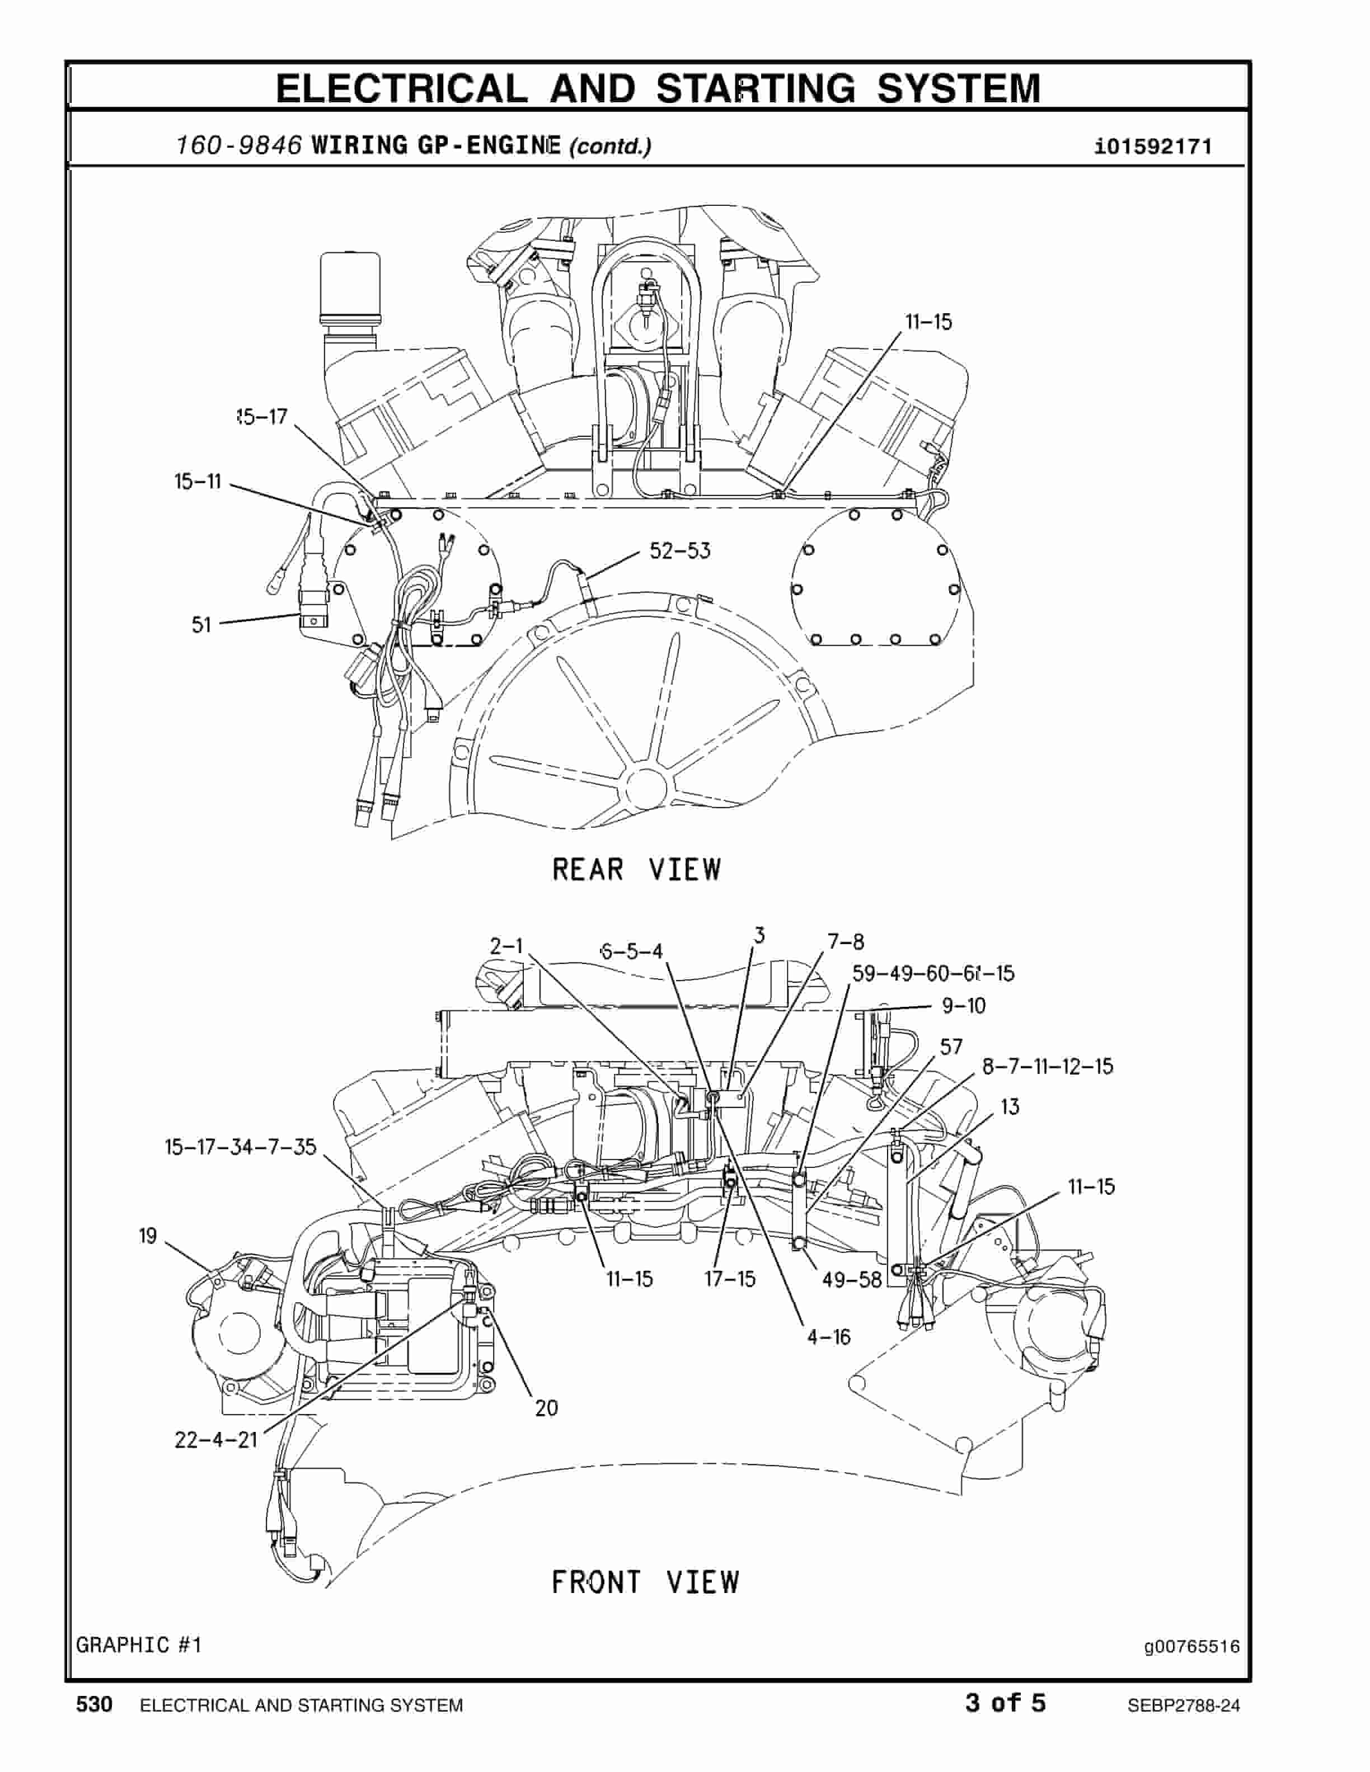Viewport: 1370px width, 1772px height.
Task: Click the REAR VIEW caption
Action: (636, 870)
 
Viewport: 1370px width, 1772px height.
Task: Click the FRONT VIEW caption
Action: (645, 1582)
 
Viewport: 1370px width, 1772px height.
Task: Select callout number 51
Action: (201, 625)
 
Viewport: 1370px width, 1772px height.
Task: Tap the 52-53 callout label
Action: (679, 552)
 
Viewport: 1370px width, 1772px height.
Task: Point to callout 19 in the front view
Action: (148, 1236)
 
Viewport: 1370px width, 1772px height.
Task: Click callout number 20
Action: (546, 1408)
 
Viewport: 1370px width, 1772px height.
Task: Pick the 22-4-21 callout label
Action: (216, 1440)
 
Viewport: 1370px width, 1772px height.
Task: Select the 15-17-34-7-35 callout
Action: (240, 1147)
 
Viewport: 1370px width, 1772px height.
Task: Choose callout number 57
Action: (951, 1047)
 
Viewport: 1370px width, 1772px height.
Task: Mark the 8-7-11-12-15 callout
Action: (1047, 1066)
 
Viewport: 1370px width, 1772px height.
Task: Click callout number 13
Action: (1010, 1107)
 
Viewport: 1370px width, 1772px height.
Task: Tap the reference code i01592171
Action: (1152, 147)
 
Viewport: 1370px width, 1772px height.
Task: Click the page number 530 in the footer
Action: (94, 1705)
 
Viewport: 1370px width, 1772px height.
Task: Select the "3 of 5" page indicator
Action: (1005, 1703)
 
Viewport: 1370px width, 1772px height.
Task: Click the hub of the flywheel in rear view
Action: (646, 785)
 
